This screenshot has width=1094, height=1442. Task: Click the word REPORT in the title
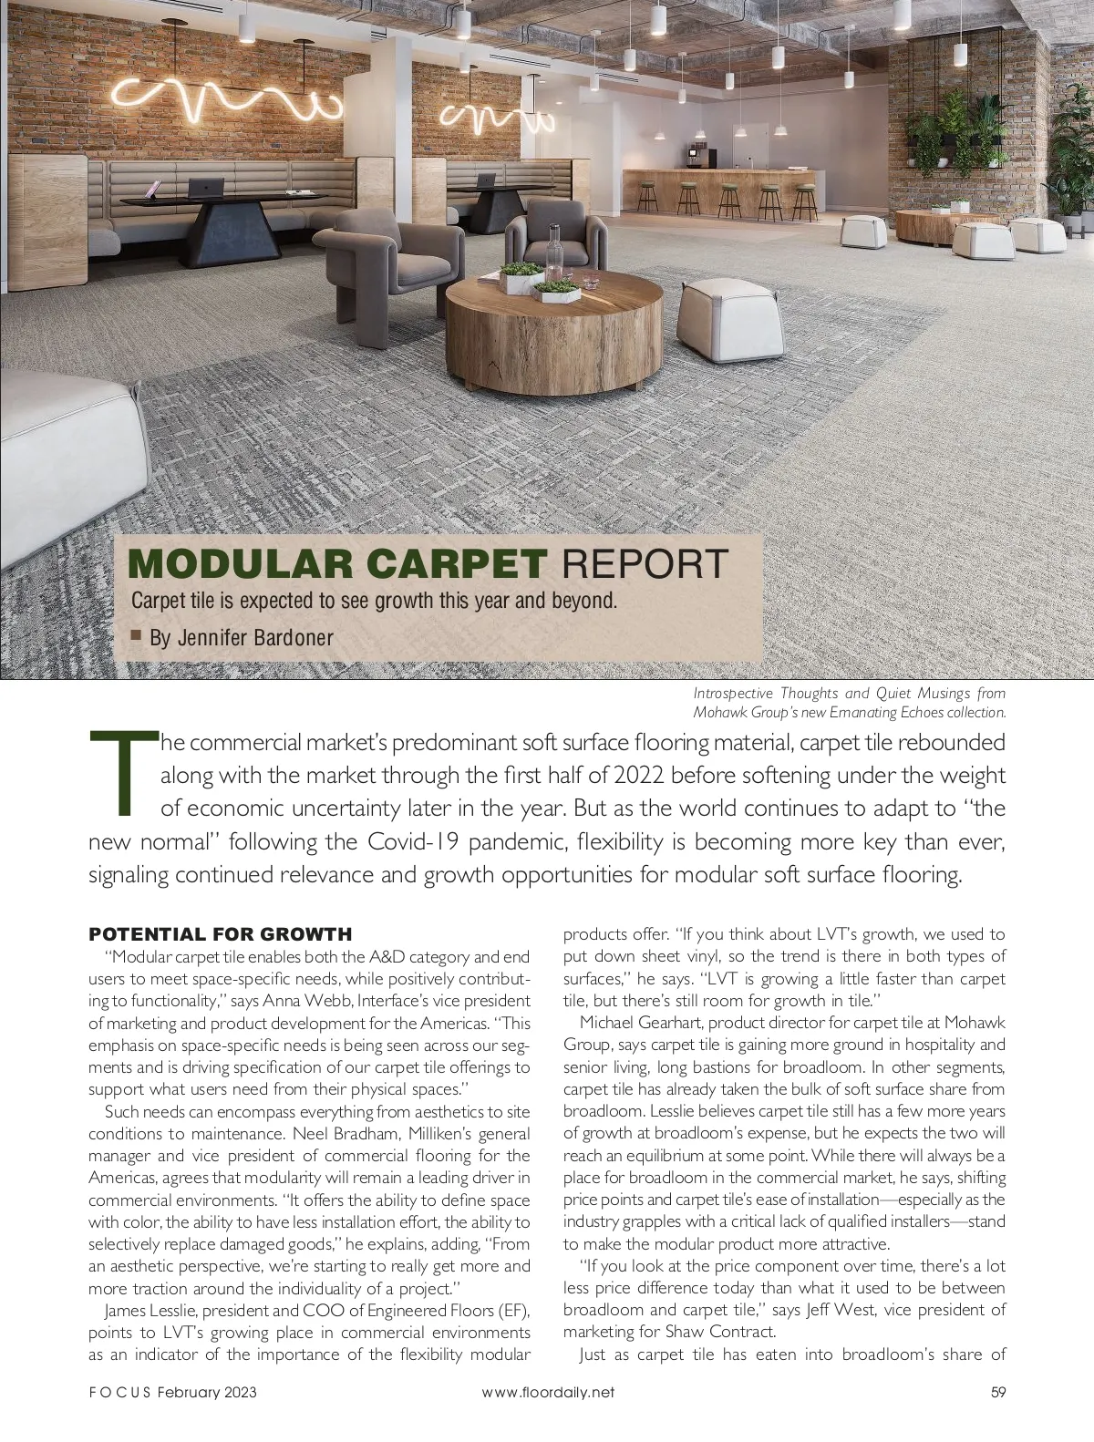[x=645, y=564]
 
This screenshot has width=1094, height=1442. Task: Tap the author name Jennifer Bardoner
[x=242, y=638]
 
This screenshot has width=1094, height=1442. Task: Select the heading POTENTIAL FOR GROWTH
[x=220, y=934]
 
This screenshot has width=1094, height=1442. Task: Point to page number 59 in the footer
[x=997, y=1392]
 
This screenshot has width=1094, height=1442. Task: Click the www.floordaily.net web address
[x=547, y=1392]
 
